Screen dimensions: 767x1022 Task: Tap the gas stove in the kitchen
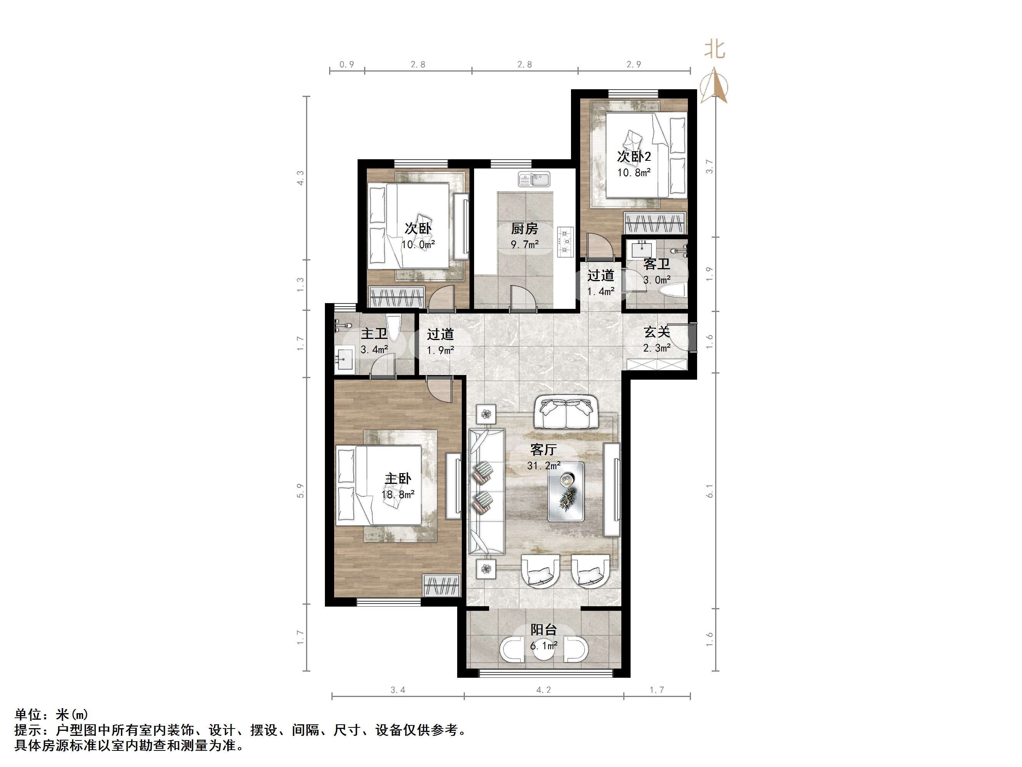pos(565,241)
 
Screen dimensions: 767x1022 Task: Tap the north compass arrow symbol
pos(714,85)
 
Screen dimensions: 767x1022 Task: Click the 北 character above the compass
pos(714,50)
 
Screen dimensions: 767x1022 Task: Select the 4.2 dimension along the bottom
pos(543,690)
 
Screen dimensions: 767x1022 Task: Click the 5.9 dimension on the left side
pos(301,490)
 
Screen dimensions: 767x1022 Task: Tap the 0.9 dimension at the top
pos(346,64)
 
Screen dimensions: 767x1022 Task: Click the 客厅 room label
pos(543,449)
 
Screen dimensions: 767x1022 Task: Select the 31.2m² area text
pos(544,465)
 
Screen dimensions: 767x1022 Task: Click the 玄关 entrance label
pos(657,332)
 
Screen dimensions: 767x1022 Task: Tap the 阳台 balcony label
pos(543,629)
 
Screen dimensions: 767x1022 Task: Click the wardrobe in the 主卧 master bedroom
pos(442,586)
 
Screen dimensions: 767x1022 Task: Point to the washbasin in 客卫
pos(642,250)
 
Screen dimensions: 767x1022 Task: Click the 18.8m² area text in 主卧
pos(398,495)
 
